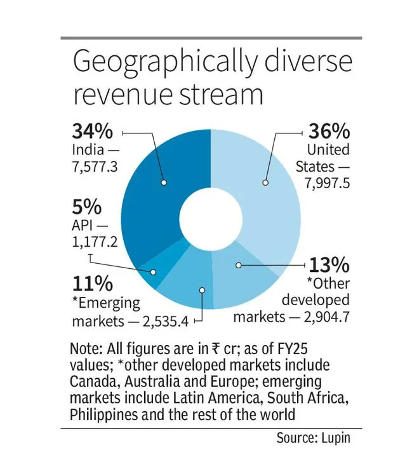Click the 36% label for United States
[328, 132]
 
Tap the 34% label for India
[92, 132]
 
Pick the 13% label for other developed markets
[329, 263]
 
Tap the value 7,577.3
[96, 168]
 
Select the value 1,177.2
[96, 242]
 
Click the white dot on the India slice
[164, 182]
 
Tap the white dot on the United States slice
[266, 182]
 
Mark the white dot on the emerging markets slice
[202, 290]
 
